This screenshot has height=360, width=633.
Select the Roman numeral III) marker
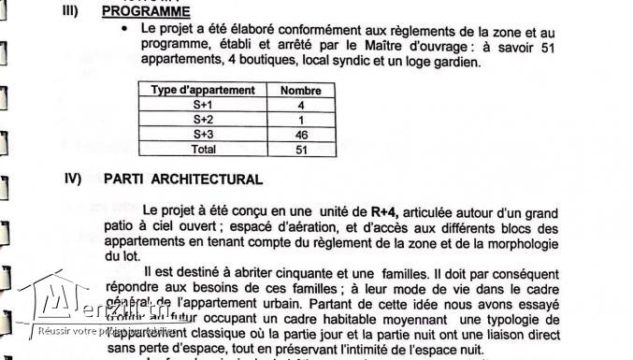pos(74,11)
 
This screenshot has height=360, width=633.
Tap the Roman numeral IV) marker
pos(73,178)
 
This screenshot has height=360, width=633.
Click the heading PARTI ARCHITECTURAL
pos(183,179)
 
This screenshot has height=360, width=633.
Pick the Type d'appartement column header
pos(203,91)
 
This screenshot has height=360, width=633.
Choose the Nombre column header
pos(300,91)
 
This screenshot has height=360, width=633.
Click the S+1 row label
pos(203,106)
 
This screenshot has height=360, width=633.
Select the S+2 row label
pos(203,120)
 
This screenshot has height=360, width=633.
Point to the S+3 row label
pos(203,135)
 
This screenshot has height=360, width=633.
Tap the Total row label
pos(203,149)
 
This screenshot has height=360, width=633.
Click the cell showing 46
pos(300,135)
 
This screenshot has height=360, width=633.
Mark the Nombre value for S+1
pos(300,106)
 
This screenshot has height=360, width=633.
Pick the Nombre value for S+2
pos(300,120)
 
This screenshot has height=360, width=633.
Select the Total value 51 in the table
pos(300,149)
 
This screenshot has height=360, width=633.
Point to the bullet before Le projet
pos(125,29)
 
